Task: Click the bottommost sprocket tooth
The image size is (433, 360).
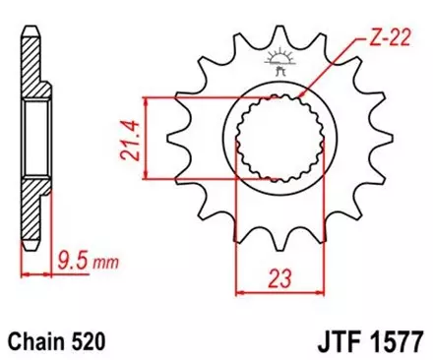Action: [281, 243]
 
